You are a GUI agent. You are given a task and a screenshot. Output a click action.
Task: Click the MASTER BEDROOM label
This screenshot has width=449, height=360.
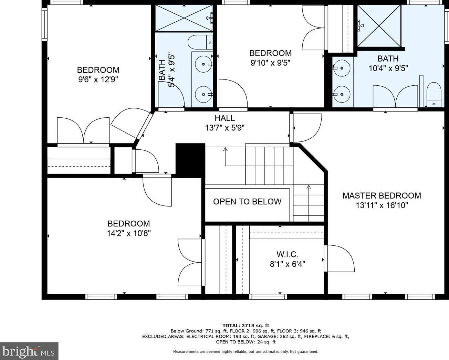[x=382, y=195]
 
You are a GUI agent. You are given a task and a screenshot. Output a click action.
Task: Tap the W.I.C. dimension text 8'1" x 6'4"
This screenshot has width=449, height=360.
[x=287, y=264]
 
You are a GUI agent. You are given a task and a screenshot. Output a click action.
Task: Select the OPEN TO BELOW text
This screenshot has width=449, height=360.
[x=247, y=201]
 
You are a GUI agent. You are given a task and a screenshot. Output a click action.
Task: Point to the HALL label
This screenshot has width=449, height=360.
[x=225, y=118]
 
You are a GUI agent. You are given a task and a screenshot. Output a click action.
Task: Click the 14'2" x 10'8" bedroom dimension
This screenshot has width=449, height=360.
[x=129, y=233]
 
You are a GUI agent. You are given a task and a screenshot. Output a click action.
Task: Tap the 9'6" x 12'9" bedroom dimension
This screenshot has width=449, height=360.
[x=98, y=80]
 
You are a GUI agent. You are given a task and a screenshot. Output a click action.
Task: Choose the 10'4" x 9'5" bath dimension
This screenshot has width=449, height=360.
[x=388, y=68]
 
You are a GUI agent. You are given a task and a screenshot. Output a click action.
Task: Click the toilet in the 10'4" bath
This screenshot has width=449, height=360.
[x=434, y=95]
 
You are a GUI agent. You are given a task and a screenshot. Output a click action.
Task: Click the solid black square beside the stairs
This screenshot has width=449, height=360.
[x=190, y=160]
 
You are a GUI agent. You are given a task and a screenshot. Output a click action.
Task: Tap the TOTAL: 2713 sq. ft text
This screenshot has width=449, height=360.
[x=246, y=325]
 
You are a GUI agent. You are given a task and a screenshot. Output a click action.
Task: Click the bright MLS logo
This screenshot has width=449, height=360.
[x=29, y=351]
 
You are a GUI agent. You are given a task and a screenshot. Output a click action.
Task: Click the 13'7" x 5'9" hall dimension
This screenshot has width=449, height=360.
[x=225, y=128]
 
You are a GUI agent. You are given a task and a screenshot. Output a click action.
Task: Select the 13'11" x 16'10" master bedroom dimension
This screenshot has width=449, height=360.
[x=382, y=205]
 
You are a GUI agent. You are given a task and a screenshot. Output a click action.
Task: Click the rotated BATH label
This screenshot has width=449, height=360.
[x=162, y=70]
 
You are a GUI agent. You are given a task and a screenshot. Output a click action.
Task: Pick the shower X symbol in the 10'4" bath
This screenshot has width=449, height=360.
[x=379, y=26]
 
